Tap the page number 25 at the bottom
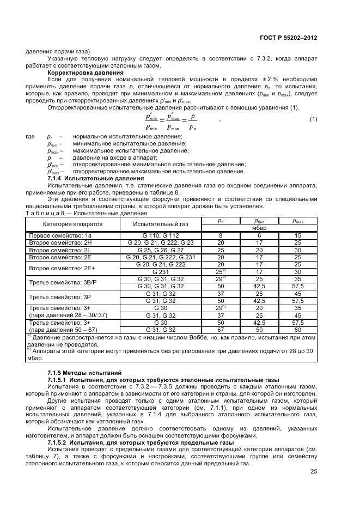pyautogui.click(x=314, y=472)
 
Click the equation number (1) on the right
pyautogui.click(x=313, y=119)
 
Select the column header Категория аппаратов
pyautogui.click(x=72, y=224)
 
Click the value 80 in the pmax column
pyautogui.click(x=297, y=330)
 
